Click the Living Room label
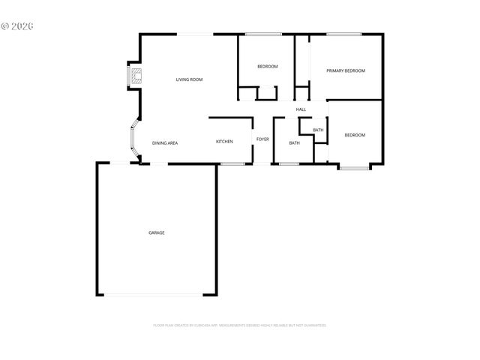(x=189, y=79)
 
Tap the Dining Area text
(x=165, y=142)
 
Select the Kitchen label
(x=224, y=142)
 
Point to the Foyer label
(x=262, y=139)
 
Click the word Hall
(x=301, y=109)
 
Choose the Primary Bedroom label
(x=345, y=70)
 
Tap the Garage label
(x=156, y=232)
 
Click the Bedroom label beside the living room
(x=268, y=67)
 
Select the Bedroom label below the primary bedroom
(x=355, y=135)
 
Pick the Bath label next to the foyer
(x=294, y=143)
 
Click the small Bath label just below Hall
(x=318, y=130)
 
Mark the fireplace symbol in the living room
(x=136, y=76)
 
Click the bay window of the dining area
(x=130, y=140)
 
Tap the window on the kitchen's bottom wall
(x=232, y=163)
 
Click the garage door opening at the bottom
(x=156, y=295)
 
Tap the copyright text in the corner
(x=18, y=25)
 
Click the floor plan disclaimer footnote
(x=240, y=325)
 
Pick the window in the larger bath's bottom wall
(x=289, y=163)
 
